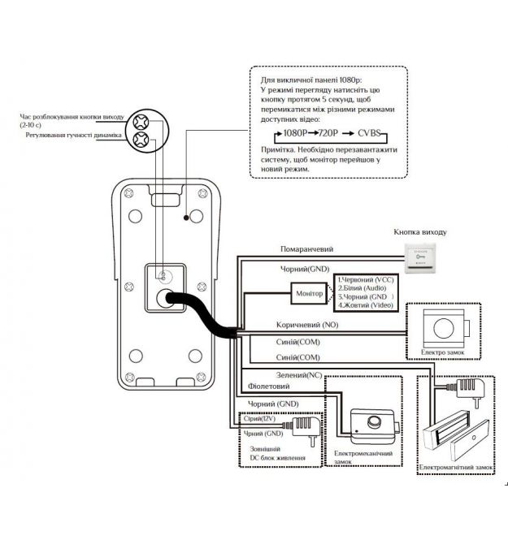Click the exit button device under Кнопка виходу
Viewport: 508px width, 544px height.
pos(421,261)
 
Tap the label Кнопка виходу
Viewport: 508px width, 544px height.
pos(420,232)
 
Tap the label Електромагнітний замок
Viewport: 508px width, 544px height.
pos(455,468)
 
